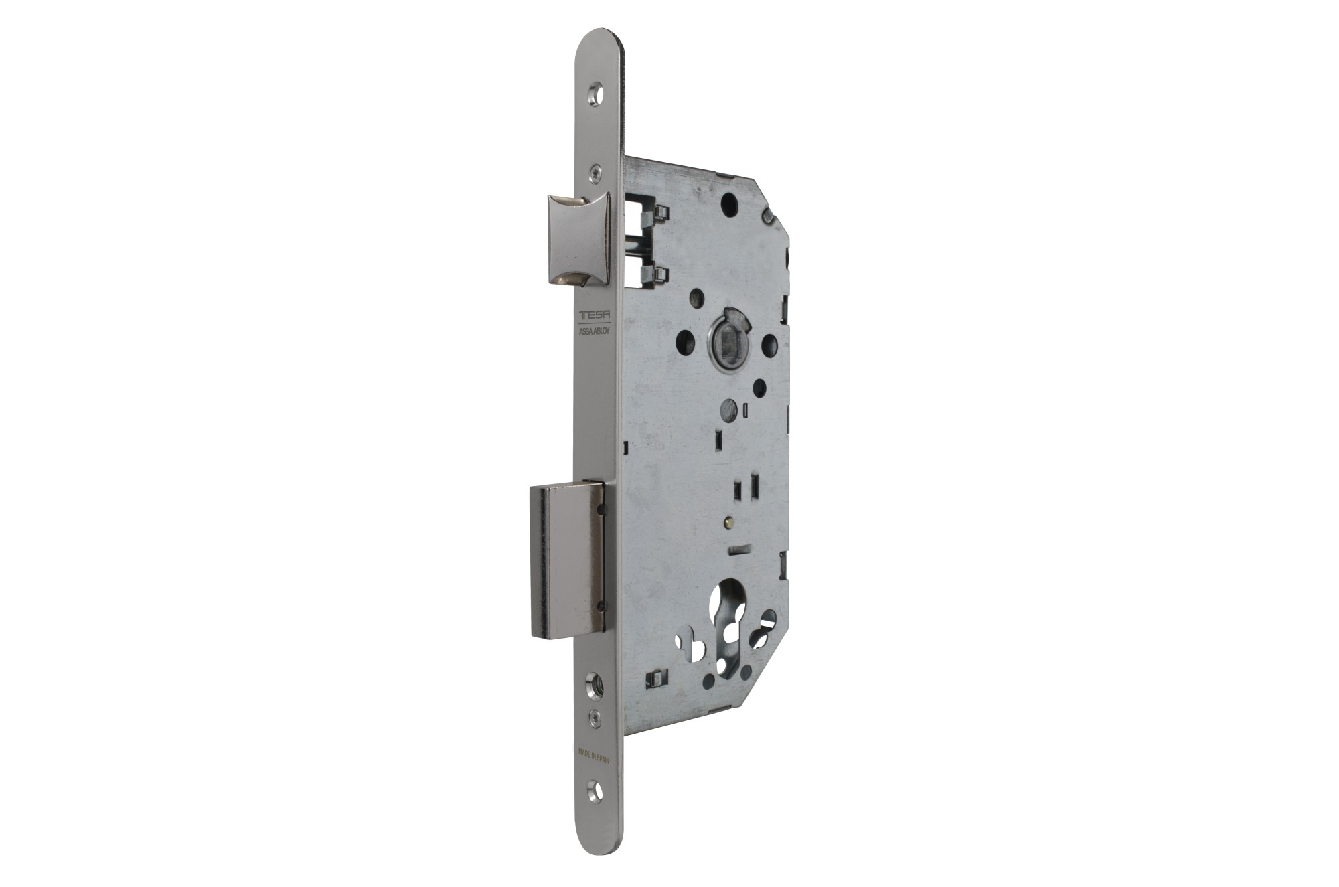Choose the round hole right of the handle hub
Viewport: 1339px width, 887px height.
click(770, 345)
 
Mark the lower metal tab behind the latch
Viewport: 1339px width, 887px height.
click(655, 272)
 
